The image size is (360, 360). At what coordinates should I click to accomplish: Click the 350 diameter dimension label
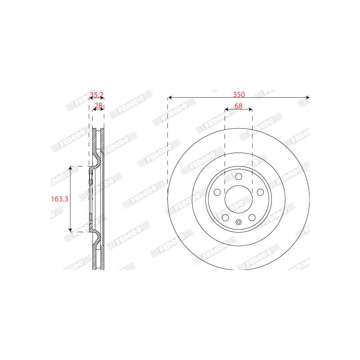[239, 94]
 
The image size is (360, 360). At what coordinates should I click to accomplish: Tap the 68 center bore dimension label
[238, 106]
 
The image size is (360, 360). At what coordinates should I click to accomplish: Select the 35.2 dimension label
[96, 94]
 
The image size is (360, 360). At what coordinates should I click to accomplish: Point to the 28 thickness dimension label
[98, 106]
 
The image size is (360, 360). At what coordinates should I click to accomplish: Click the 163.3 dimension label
[59, 199]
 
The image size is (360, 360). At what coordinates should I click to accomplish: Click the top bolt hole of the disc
[238, 176]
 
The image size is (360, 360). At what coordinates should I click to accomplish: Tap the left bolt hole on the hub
[217, 192]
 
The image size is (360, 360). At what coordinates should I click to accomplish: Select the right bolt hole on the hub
[260, 192]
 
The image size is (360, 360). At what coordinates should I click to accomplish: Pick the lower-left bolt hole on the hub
[225, 217]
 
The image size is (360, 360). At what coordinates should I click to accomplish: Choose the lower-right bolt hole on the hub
[252, 217]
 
